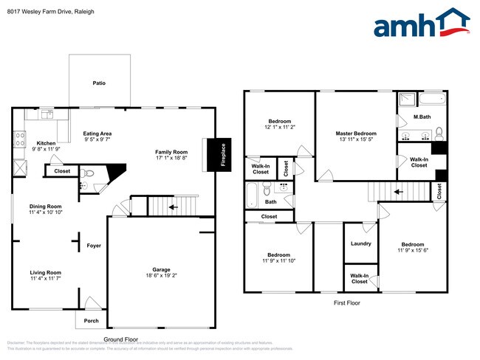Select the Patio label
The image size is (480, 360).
point(98,83)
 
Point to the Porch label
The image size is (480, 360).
point(91,320)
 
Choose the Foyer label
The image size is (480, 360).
point(94,246)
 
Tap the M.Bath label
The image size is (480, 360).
point(422,117)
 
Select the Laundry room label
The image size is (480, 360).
point(360,244)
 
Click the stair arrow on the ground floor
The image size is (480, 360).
point(174,208)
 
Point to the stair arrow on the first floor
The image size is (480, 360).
point(399,193)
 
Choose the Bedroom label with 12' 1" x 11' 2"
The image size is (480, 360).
point(279,121)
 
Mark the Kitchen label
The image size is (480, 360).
point(46,143)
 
